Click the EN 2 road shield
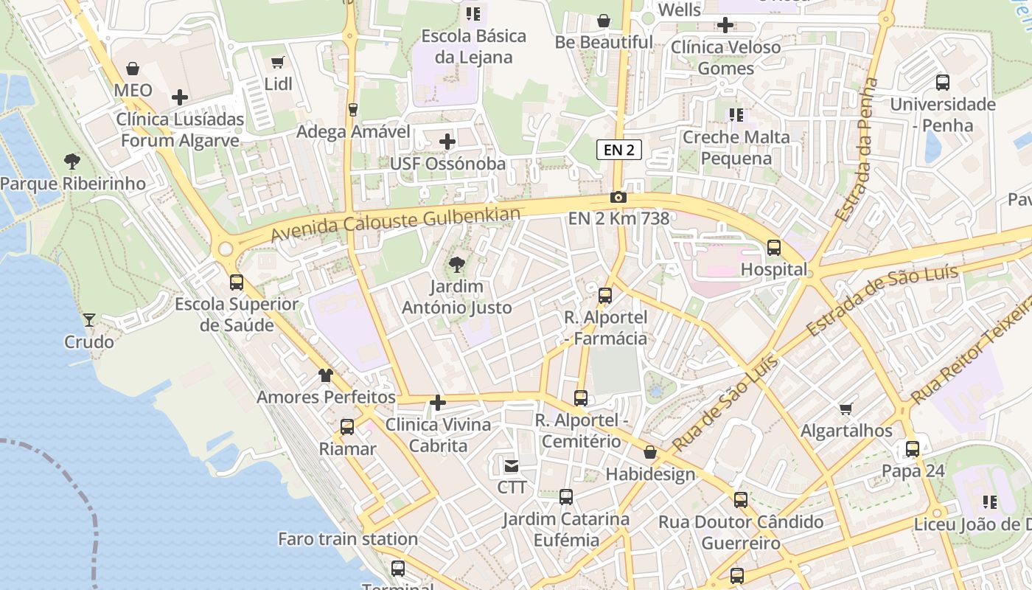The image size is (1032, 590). point(618,150)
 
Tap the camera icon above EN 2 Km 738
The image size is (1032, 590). point(618,197)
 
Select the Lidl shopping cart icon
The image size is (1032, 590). point(278,63)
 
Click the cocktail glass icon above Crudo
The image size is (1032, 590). point(89,319)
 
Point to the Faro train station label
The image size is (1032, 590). point(347,539)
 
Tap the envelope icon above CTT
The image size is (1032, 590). point(512,465)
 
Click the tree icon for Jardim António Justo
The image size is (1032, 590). point(457,264)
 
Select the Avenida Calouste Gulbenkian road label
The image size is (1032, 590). point(395,224)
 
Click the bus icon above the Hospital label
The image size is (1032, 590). point(774,248)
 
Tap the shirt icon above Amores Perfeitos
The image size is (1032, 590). point(326,375)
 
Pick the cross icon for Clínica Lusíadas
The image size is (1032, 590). point(179,97)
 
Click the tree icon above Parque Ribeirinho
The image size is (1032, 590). point(72,162)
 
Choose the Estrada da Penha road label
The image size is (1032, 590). point(858,150)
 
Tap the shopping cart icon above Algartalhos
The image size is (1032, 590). point(846,409)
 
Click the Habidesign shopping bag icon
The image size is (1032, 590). point(650,452)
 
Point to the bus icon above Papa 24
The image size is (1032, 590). point(913,448)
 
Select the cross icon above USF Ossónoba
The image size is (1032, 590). point(447,142)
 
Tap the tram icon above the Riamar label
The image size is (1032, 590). point(347,426)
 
